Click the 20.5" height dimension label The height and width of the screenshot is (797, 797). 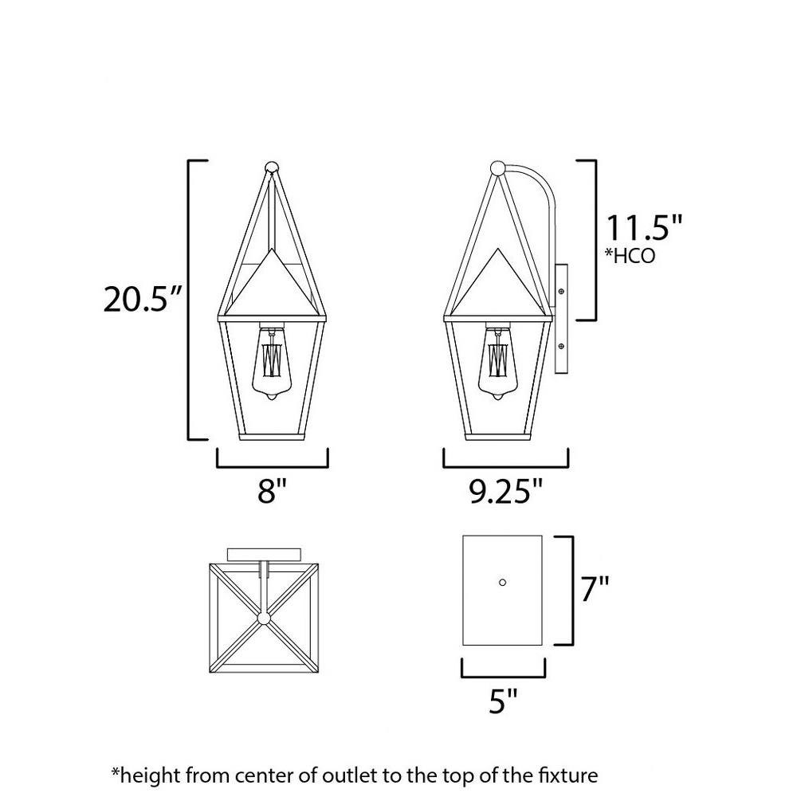142,299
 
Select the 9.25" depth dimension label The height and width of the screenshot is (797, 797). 506,491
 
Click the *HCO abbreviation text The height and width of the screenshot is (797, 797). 630,256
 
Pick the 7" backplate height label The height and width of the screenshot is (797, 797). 595,589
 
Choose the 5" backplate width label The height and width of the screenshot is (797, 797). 503,701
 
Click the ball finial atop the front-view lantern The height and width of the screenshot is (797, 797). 272,167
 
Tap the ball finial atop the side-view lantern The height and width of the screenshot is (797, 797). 497,167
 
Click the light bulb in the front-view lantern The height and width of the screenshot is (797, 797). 272,363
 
